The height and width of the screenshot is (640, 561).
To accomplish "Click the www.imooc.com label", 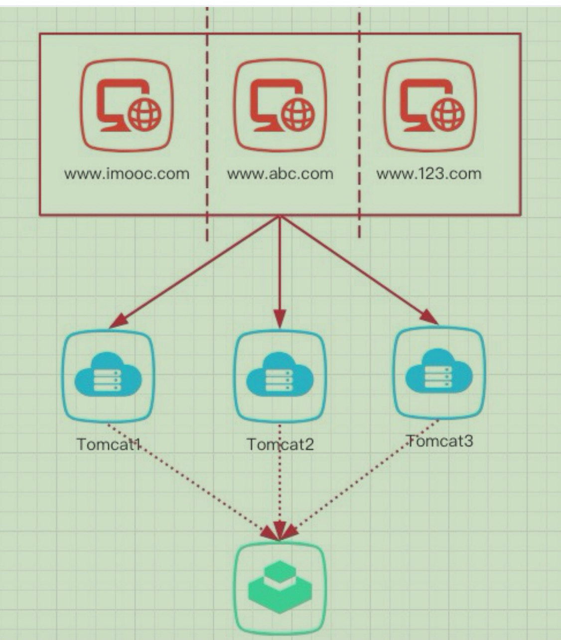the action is pos(127,174).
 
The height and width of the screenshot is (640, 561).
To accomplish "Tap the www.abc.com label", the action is pos(280,174).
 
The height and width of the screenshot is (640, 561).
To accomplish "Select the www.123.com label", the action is pos(429,174).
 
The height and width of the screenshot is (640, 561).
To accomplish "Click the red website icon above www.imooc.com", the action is pos(127,105).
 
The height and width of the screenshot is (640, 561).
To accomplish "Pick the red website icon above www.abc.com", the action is pos(280,105).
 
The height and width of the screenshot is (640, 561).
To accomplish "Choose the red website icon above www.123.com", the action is pos(429,105).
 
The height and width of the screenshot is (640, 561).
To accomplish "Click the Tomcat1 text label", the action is pos(108,444).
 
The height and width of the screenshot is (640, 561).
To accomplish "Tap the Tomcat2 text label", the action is pos(280,444).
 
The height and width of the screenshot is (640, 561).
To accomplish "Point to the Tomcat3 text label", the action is pos(440,441).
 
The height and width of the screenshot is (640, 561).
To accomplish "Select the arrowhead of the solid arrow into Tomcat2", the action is pos(280,320).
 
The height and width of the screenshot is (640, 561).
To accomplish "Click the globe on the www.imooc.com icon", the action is pos(145,114).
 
